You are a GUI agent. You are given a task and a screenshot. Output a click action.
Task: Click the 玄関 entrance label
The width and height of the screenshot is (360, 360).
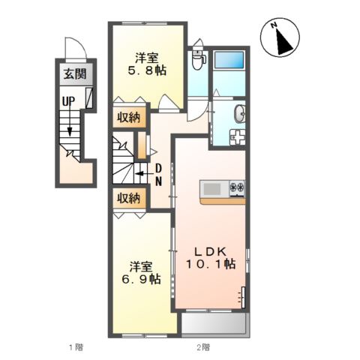pyautogui.click(x=75, y=74)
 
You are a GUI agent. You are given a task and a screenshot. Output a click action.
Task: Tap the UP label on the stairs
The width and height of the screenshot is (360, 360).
pyautogui.click(x=69, y=101)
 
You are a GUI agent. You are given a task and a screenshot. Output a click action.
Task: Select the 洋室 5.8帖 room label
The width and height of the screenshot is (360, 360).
pyautogui.click(x=147, y=64)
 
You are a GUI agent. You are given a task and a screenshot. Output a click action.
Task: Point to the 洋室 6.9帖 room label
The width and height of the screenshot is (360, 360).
pyautogui.click(x=141, y=273)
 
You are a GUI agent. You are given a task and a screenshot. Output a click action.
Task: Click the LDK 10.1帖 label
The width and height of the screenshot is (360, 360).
pyautogui.click(x=211, y=257)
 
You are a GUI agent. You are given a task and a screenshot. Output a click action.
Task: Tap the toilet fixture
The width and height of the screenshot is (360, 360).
pyautogui.click(x=199, y=59)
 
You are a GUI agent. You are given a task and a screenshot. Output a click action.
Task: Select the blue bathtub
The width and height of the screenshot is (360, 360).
pyautogui.click(x=229, y=59)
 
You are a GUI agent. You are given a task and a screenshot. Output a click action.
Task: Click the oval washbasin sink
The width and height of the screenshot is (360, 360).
pyautogui.click(x=240, y=114)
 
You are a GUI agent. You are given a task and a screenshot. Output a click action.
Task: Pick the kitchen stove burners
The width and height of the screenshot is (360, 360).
pyautogui.click(x=237, y=187)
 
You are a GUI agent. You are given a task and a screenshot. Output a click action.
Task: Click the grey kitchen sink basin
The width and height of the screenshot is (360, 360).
pyautogui.click(x=212, y=189)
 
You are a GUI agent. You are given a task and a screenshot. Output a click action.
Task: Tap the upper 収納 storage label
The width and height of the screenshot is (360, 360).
pyautogui.click(x=129, y=118)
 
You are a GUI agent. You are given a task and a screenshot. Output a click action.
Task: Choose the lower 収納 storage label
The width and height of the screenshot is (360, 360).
pyautogui.click(x=129, y=199)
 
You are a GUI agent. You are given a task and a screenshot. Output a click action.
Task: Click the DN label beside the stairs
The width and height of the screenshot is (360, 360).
pyautogui.click(x=159, y=175)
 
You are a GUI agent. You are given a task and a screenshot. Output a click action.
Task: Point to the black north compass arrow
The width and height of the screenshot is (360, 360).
pyautogui.click(x=283, y=42)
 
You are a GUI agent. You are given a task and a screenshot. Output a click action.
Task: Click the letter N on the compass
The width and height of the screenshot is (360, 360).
pyautogui.click(x=274, y=25)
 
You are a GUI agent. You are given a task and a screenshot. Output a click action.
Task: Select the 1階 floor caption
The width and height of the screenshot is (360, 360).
pyautogui.click(x=76, y=347)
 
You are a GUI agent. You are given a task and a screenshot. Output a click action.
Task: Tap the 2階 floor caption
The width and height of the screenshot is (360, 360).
pyautogui.click(x=203, y=347)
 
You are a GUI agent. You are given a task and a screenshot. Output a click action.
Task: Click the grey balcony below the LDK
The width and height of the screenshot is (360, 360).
pyautogui.click(x=214, y=322)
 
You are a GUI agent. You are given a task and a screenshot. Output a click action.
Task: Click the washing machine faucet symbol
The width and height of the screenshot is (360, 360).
pyautogui.click(x=238, y=137)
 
